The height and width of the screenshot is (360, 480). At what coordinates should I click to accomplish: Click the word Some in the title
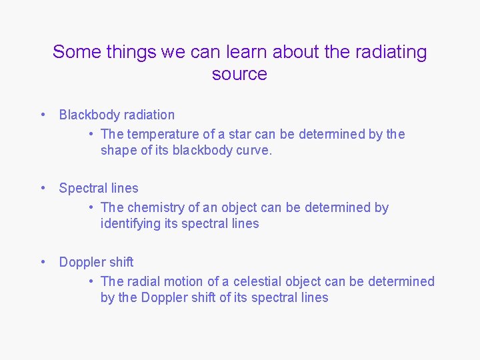tap(75, 52)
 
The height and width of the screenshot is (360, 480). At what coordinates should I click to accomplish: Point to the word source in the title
tap(239, 74)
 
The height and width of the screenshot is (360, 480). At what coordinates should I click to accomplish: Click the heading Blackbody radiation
tap(117, 115)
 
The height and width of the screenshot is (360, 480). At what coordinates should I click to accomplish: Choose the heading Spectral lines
tap(99, 188)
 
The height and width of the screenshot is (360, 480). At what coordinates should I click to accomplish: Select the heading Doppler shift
tap(96, 262)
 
